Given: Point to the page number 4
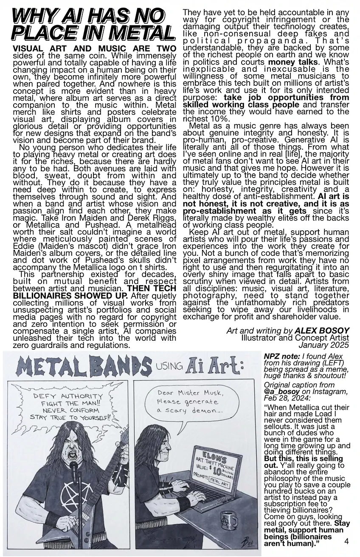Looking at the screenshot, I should (x=346, y=541).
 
